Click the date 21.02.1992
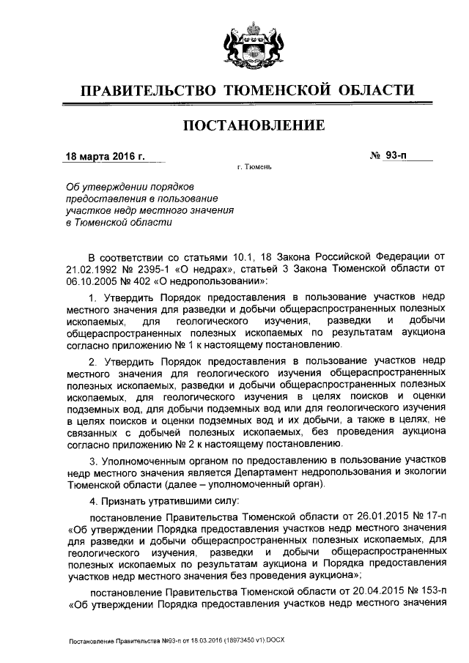click(x=89, y=270)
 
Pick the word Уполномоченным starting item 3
click(x=140, y=461)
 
